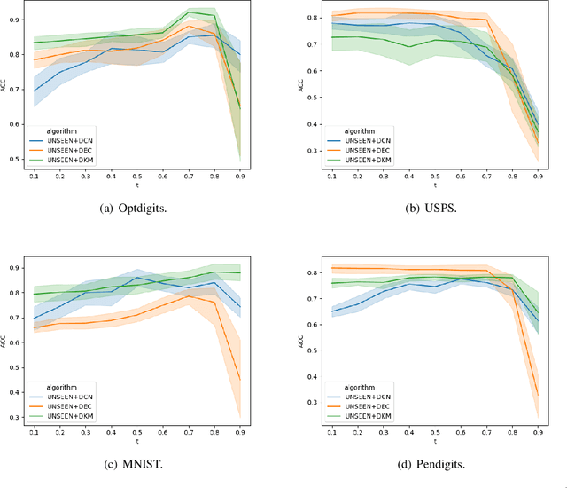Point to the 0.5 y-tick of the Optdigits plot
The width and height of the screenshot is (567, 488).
coord(19,160)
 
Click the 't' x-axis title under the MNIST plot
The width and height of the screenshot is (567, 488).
coord(136,442)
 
